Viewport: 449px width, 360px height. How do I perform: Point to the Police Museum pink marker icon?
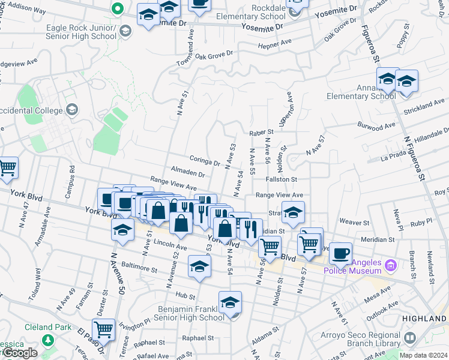[x=391, y=264]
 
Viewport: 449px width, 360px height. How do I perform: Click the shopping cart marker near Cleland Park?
[x=104, y=329]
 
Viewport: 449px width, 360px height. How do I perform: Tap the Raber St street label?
[x=261, y=131]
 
